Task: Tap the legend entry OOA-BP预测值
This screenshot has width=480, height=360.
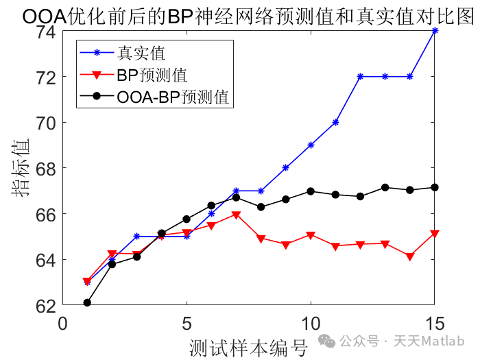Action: coord(171,97)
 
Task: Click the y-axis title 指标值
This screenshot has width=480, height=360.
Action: coord(20,168)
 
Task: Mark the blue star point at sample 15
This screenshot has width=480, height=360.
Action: coord(435,31)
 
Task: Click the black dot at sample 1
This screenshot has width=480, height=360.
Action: coord(87,302)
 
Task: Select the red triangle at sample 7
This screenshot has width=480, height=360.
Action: coord(236,215)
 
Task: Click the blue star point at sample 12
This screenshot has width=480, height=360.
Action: coord(360,76)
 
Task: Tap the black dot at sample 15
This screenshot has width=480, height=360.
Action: coord(435,187)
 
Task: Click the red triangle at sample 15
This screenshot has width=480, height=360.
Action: coord(435,235)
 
